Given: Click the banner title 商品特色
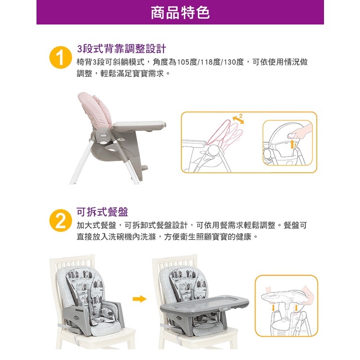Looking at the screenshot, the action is coord(180,12).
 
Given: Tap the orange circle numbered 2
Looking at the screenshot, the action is coord(60,220).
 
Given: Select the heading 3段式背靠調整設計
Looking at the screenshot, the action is coord(121,48).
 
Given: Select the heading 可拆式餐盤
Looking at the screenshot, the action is coord(102,212).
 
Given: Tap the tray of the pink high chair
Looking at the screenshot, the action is coord(139,126).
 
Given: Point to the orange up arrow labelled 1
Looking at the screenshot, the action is coord(292,144).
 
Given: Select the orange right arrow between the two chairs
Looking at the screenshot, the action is coord(139,299).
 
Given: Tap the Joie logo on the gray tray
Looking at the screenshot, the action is coord(226,309).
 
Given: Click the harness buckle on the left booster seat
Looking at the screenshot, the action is coord(106,312).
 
